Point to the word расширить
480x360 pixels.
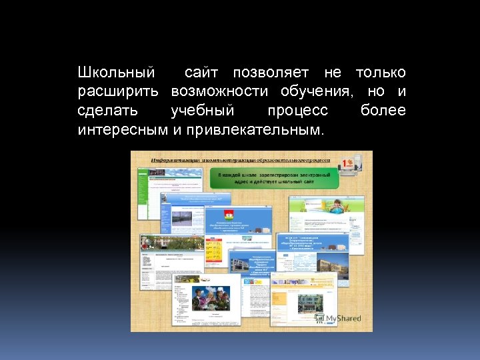point(118,91)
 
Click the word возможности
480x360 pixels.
point(219,91)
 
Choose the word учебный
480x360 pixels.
point(202,110)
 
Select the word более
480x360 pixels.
point(383,110)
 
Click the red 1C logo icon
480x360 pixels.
point(347,164)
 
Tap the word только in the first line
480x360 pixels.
point(381,72)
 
